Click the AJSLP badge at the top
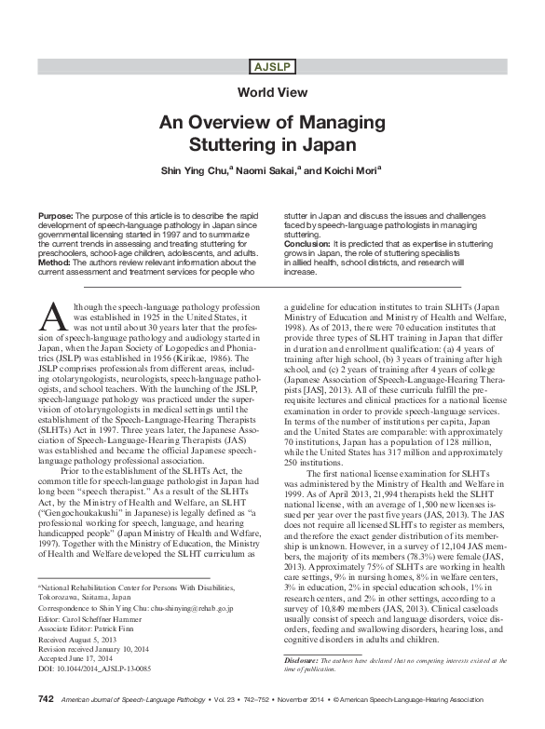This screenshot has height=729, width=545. tap(272, 64)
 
